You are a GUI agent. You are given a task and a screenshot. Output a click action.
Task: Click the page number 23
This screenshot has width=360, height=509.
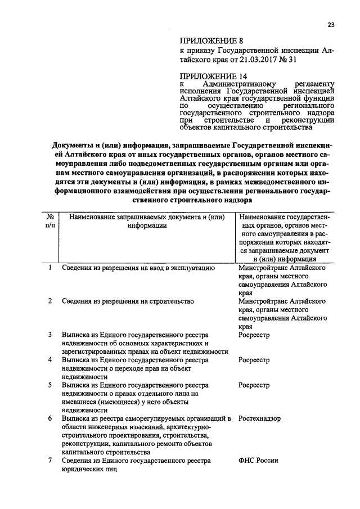(331, 24)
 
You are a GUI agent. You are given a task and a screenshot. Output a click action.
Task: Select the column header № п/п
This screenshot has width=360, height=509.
(51, 221)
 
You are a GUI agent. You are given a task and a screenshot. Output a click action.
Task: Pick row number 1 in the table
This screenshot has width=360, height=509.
(50, 268)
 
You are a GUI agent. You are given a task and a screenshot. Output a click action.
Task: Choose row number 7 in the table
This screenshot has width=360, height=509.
(50, 461)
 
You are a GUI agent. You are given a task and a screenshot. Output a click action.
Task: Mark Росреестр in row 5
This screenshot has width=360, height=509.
(254, 385)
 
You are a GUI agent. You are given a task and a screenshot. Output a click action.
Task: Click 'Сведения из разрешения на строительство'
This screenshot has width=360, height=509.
(128, 301)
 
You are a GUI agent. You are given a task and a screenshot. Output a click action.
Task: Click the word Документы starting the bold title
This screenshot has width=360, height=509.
(70, 145)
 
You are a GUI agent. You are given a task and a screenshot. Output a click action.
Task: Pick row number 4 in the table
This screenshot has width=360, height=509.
(50, 359)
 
